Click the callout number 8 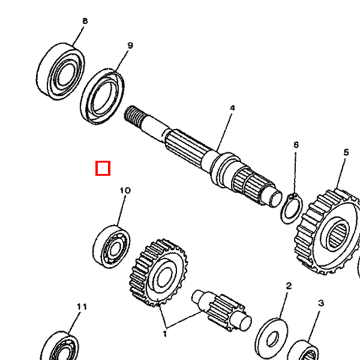click(85, 21)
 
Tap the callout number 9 click(130, 45)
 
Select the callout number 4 click(232, 108)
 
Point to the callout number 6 click(296, 145)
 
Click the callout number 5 click(346, 152)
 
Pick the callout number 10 click(125, 191)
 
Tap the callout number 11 click(82, 307)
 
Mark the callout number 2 click(288, 286)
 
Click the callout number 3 click(321, 304)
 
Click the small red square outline click(103, 168)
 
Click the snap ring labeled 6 click(291, 209)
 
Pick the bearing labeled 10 click(112, 246)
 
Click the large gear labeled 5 click(329, 232)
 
